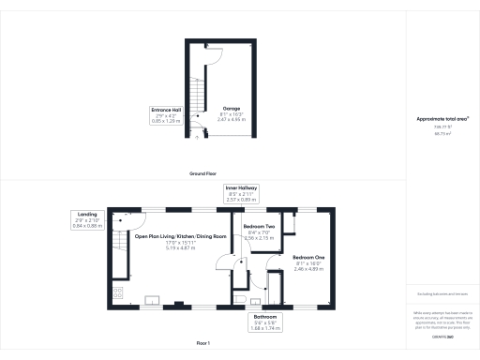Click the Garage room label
click(230, 108)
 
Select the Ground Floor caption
click(203, 174)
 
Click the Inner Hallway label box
click(241, 192)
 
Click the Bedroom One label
click(308, 257)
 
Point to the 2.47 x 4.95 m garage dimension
click(230, 120)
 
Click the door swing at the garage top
click(214, 54)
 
